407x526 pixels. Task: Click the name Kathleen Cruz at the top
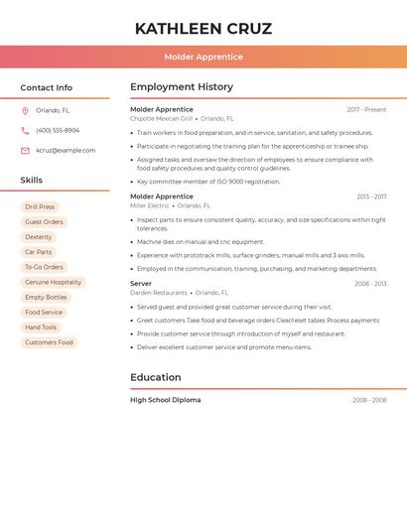pyautogui.click(x=203, y=29)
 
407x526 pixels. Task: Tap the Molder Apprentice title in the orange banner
pyautogui.click(x=203, y=58)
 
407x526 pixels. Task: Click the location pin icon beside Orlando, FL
pyautogui.click(x=25, y=111)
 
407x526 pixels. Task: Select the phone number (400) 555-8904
pyautogui.click(x=58, y=130)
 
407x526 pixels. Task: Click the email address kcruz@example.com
pyautogui.click(x=66, y=151)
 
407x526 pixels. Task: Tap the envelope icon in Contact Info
pyautogui.click(x=25, y=151)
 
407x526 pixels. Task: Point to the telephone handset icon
pyautogui.click(x=25, y=130)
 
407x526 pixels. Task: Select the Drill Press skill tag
pyautogui.click(x=40, y=207)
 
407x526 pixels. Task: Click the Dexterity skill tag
pyautogui.click(x=39, y=237)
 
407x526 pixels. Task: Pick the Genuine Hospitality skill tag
pyautogui.click(x=53, y=282)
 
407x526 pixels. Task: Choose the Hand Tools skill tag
pyautogui.click(x=41, y=328)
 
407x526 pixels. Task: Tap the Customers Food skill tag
pyautogui.click(x=49, y=342)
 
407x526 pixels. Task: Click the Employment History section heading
pyautogui.click(x=182, y=87)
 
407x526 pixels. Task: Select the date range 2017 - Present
pyautogui.click(x=366, y=110)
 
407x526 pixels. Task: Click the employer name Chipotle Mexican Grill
pyautogui.click(x=161, y=118)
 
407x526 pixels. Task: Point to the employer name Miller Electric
pyautogui.click(x=150, y=205)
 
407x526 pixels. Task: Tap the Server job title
pyautogui.click(x=141, y=284)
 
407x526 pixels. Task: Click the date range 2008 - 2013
pyautogui.click(x=370, y=284)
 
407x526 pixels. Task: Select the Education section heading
pyautogui.click(x=156, y=377)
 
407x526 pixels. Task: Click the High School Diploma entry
pyautogui.click(x=165, y=400)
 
